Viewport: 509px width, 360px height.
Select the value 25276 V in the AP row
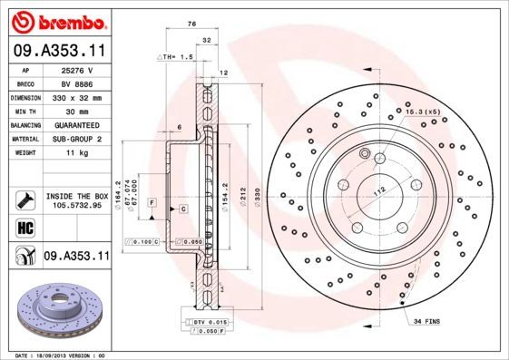[x=76, y=69]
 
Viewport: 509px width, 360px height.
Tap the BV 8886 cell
[x=76, y=82]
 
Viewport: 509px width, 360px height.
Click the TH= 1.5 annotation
[x=176, y=57]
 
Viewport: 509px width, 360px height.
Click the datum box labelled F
[x=153, y=199]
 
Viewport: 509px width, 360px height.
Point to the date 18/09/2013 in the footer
[x=55, y=355]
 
